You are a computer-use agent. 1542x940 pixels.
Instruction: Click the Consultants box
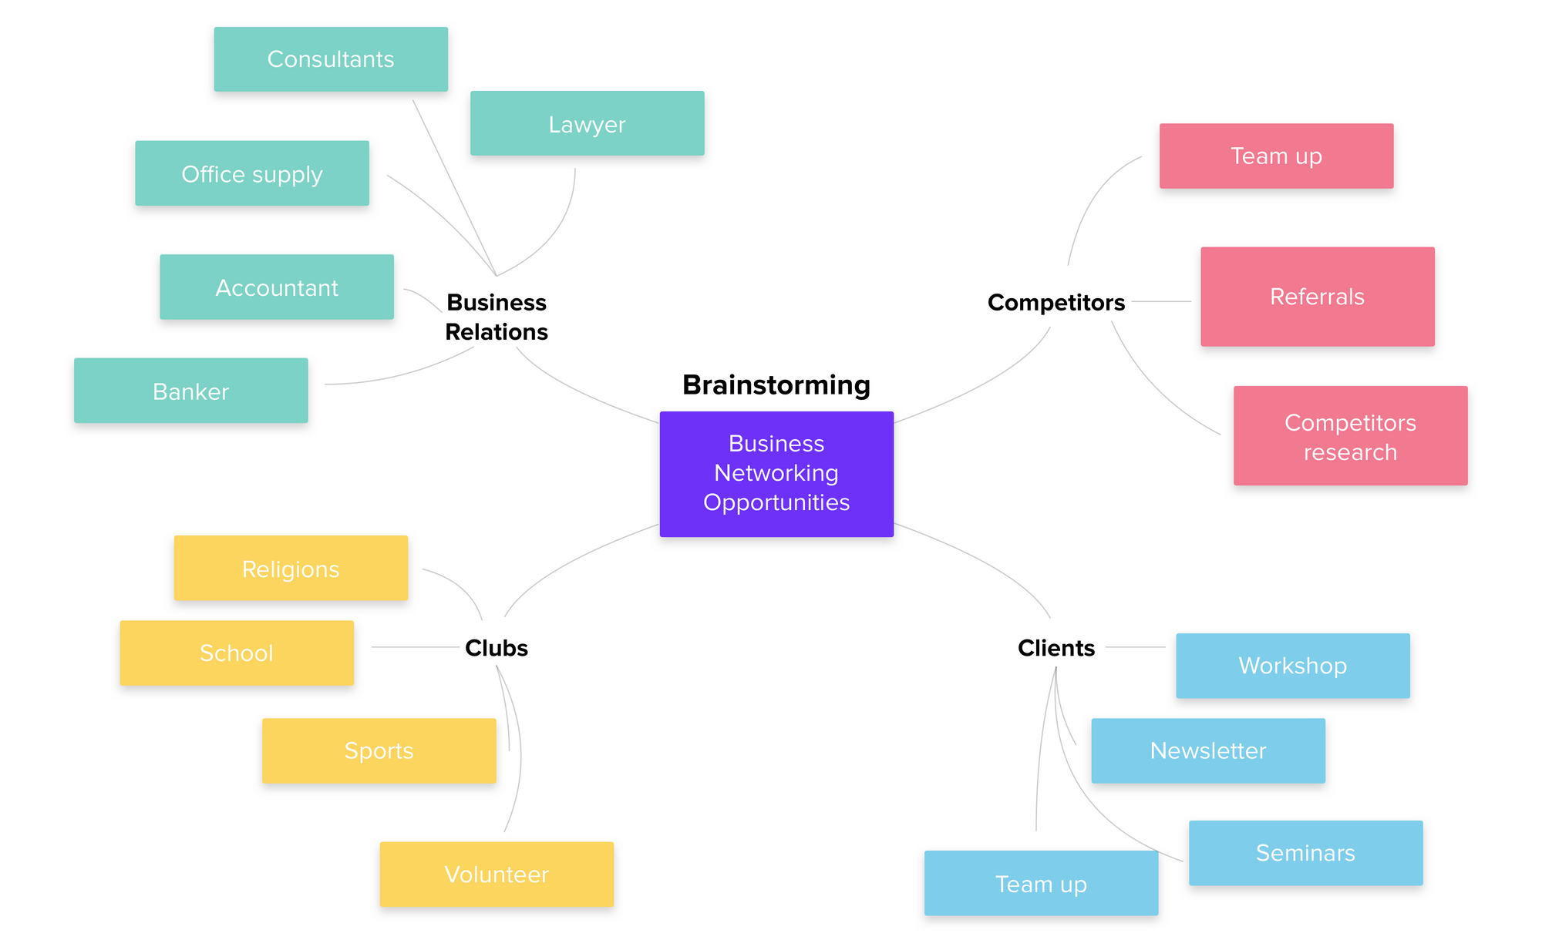(331, 59)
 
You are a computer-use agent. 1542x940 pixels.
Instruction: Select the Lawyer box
(587, 124)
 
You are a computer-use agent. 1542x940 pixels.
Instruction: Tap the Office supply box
(252, 173)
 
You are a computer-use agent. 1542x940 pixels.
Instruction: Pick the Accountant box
(277, 287)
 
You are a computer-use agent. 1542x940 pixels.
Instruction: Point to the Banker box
(191, 391)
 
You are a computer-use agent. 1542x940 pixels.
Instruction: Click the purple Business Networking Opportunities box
(776, 474)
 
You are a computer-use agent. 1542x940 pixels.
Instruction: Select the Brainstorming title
(776, 384)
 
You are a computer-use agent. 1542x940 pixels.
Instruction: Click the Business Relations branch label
(497, 317)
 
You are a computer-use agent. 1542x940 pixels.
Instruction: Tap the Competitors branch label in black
(1056, 302)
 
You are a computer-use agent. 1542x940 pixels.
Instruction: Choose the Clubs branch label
(497, 648)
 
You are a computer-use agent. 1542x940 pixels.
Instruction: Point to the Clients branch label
(1056, 648)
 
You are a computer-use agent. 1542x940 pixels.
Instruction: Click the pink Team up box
(1276, 156)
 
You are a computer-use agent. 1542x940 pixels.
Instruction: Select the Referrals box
(1317, 297)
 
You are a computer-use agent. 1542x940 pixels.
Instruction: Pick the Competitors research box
(1350, 436)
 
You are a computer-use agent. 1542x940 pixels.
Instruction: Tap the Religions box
(291, 569)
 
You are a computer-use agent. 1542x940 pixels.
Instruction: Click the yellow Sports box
(379, 751)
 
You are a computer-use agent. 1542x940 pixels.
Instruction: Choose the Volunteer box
(497, 875)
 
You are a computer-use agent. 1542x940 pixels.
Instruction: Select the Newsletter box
(1208, 751)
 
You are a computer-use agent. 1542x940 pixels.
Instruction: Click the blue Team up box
(1041, 884)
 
